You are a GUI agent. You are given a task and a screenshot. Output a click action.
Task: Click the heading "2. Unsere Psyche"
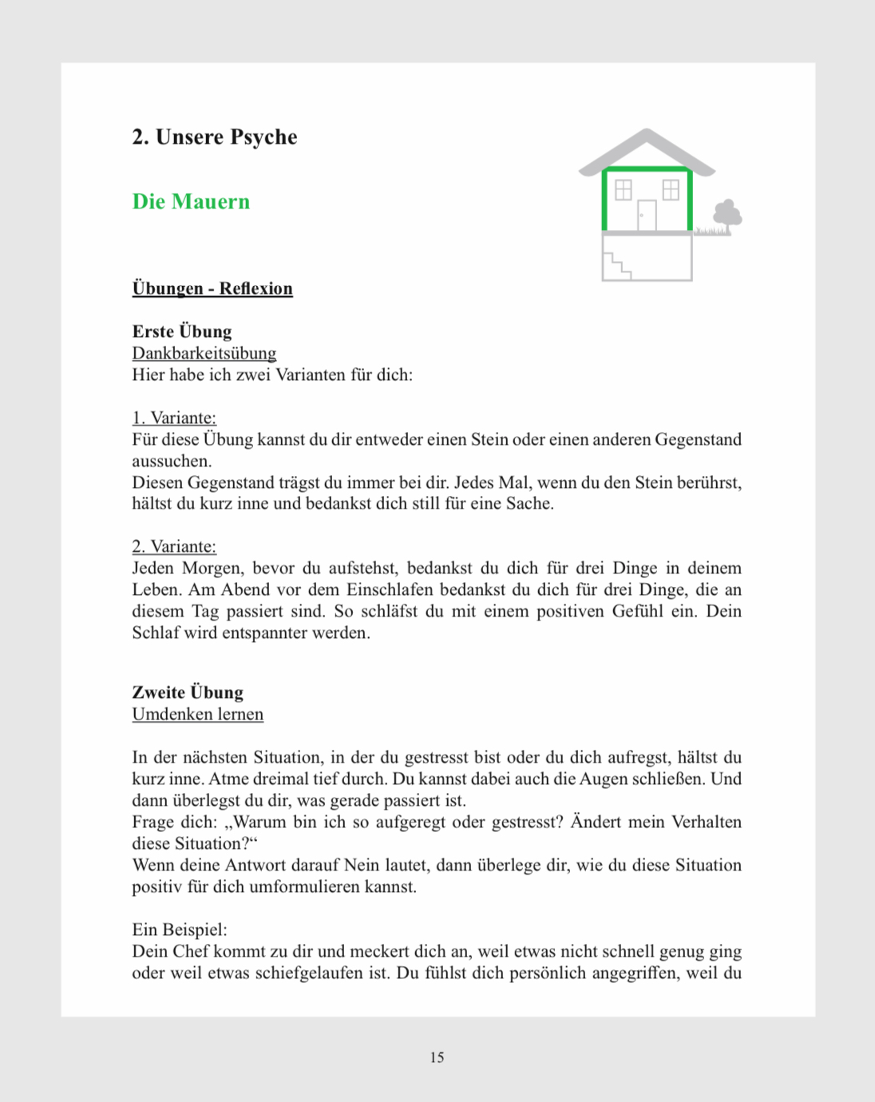tap(214, 137)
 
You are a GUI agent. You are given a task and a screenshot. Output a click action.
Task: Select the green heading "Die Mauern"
tap(191, 201)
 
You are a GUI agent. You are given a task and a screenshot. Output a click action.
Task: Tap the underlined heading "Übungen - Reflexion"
tap(212, 288)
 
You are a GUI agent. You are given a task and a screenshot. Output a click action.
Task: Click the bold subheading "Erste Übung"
tap(182, 331)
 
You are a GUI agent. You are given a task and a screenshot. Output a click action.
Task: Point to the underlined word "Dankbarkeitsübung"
tap(204, 353)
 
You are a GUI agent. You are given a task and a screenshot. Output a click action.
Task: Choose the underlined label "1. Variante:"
tap(174, 418)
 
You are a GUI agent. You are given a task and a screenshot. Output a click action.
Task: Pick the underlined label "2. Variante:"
tap(174, 546)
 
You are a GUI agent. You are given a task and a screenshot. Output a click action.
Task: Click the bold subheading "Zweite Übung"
tap(188, 692)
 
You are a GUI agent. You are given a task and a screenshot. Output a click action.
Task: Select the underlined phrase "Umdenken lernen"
tap(197, 714)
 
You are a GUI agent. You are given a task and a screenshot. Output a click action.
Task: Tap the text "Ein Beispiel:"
tap(180, 930)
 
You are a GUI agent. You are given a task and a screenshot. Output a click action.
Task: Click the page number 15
tap(437, 1057)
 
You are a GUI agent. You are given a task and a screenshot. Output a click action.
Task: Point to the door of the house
tap(647, 215)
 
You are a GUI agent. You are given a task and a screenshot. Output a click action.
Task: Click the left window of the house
tap(623, 189)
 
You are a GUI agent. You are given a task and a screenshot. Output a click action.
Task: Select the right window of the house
tap(671, 189)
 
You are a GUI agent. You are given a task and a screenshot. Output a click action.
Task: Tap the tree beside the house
tap(727, 215)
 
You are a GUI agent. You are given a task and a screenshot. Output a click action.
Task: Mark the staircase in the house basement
tap(616, 265)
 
